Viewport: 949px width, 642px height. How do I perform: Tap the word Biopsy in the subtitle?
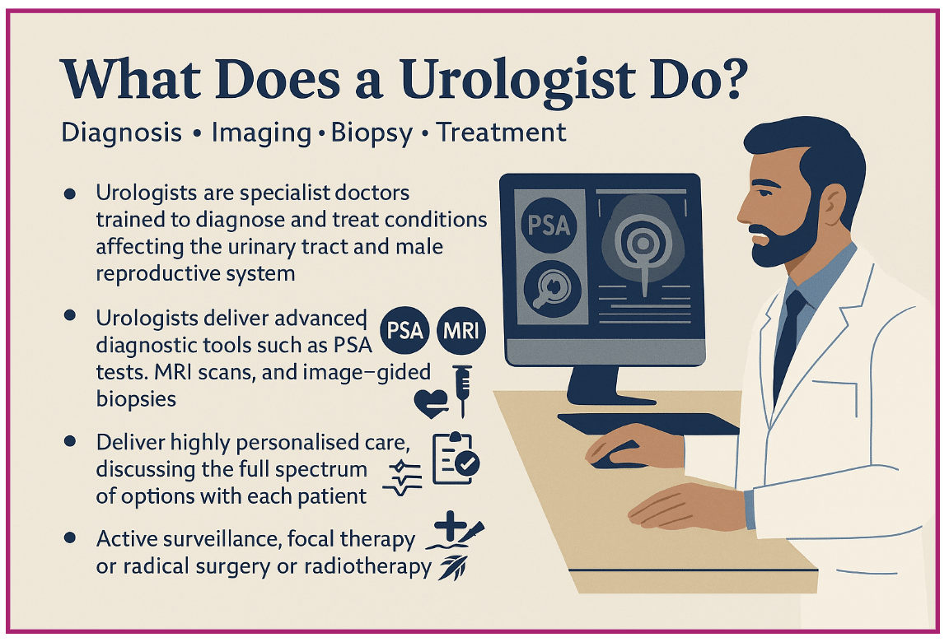pyautogui.click(x=371, y=133)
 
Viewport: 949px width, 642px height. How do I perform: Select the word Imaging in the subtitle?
pyautogui.click(x=263, y=133)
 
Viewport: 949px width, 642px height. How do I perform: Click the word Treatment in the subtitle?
pyautogui.click(x=502, y=133)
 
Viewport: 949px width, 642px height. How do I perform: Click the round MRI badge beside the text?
pyautogui.click(x=460, y=333)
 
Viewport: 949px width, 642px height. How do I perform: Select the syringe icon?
pyautogui.click(x=462, y=390)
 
